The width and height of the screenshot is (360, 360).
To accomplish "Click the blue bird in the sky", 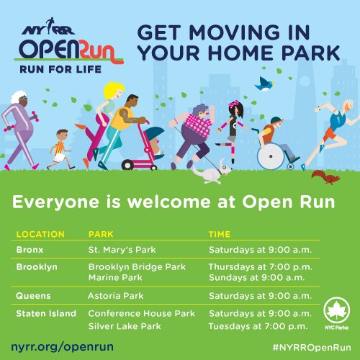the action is (x=264, y=84).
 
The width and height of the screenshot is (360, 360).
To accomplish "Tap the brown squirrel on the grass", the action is (x=326, y=177).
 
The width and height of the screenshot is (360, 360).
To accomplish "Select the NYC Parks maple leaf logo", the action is (x=337, y=311).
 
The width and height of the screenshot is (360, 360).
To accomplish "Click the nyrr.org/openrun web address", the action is (x=62, y=347).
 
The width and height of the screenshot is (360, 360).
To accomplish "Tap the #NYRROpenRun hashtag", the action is (x=312, y=347).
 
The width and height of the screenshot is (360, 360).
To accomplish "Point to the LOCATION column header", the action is (x=40, y=234).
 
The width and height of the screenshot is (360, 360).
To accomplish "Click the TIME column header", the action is (x=220, y=234).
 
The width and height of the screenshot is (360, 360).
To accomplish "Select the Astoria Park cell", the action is (x=116, y=296).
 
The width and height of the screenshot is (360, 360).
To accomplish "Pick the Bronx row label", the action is (x=30, y=250).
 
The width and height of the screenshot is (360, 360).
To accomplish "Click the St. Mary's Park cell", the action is (x=122, y=250).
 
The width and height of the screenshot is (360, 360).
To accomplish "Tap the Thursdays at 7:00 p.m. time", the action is (x=261, y=267).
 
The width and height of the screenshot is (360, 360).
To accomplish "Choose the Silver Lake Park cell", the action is (x=125, y=326).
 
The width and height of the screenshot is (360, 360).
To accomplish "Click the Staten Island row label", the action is (x=46, y=313).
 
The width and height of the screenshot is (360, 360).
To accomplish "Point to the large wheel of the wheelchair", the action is (x=271, y=156).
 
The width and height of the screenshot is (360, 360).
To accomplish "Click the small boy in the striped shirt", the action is (x=60, y=150).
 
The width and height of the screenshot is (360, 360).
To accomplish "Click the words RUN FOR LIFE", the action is (x=60, y=69).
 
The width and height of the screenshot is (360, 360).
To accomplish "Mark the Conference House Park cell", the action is (x=142, y=313).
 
